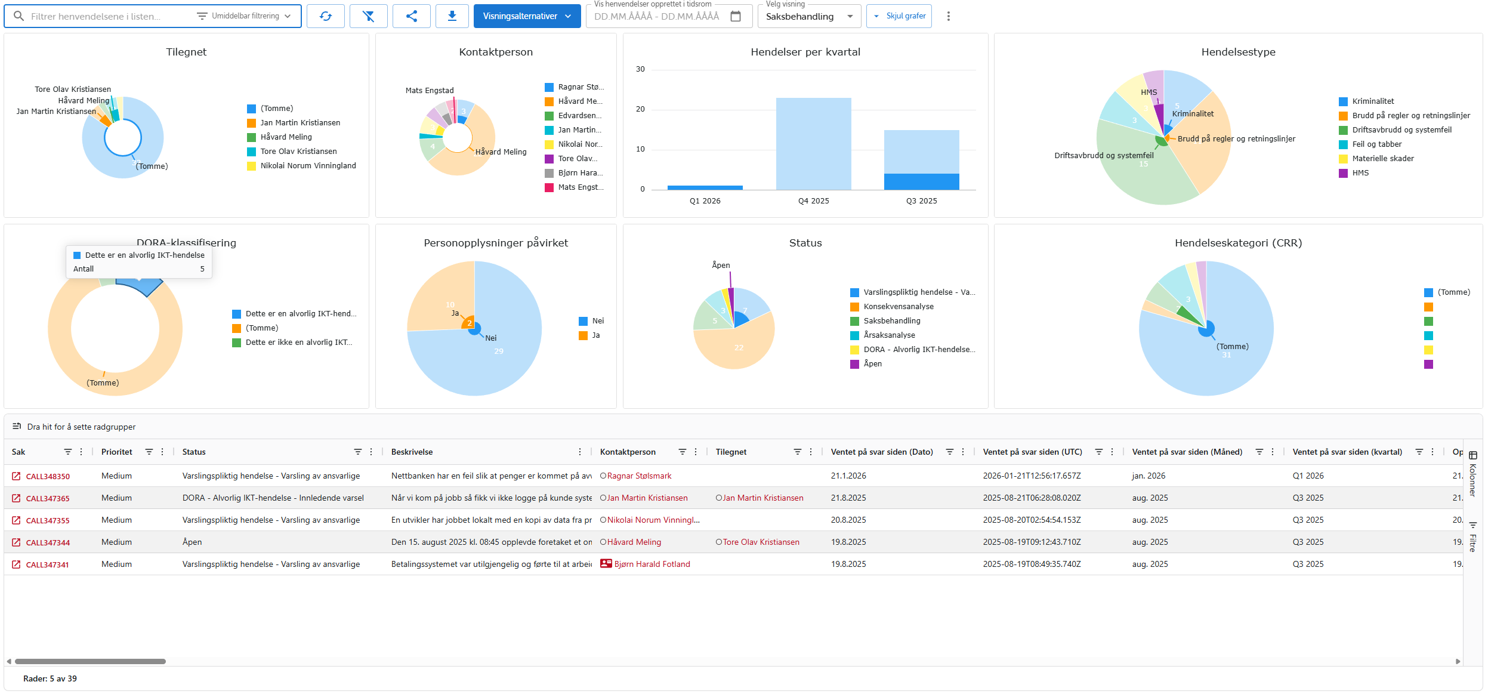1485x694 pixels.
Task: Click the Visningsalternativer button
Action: coord(526,16)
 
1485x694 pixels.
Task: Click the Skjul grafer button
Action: coord(899,16)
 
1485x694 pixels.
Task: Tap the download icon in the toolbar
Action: coord(452,16)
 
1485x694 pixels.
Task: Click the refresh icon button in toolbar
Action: coord(326,16)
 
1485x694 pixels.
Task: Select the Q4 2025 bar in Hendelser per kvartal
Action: coord(813,143)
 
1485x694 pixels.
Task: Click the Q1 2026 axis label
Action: coord(705,201)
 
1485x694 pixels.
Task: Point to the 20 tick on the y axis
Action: coord(640,109)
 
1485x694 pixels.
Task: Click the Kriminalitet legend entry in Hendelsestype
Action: coord(1372,101)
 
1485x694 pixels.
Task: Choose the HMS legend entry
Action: coord(1360,173)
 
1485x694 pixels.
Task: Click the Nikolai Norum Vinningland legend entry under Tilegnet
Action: coord(307,166)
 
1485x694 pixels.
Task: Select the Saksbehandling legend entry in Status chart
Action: coord(891,321)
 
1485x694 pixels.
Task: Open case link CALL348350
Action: coord(48,476)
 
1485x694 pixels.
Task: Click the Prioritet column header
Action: coord(117,452)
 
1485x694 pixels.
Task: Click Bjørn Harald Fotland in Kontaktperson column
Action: coord(652,564)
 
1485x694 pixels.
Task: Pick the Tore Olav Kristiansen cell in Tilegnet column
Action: coord(761,542)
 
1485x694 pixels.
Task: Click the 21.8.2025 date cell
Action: coord(848,498)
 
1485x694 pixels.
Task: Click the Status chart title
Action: coord(805,243)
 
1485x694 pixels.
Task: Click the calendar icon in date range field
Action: coord(736,16)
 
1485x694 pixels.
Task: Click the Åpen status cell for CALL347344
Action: coord(192,542)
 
